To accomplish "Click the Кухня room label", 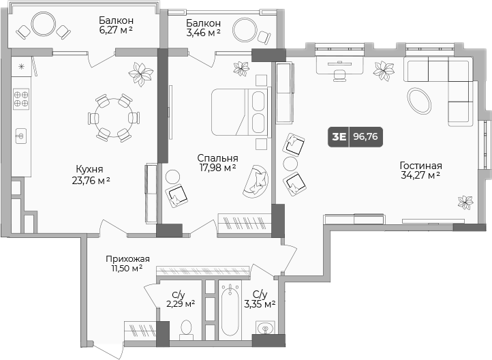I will pos(90,168).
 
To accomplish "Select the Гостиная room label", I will pos(420,166).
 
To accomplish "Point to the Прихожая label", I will pos(127,258).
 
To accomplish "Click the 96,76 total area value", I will pos(366,136).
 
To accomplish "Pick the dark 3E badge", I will pos(338,136).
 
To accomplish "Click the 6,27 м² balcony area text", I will pos(115,30).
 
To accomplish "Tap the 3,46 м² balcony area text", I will pos(203,32).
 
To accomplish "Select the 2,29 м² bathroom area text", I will pos(181,304).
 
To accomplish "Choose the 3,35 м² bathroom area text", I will pos(264,304).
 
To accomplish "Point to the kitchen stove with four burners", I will pos(21,100).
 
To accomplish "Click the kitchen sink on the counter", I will pos(20,136).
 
